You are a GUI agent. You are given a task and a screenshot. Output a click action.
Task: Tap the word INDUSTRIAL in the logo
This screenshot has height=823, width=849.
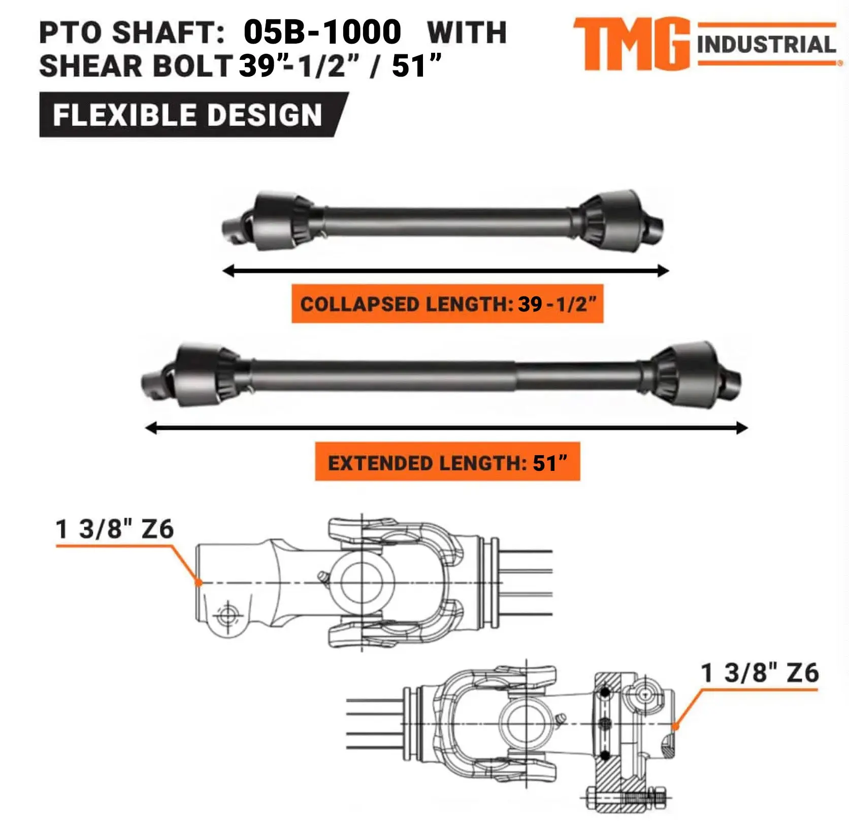(x=766, y=45)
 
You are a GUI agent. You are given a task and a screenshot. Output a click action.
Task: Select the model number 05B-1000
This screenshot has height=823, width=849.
(x=322, y=32)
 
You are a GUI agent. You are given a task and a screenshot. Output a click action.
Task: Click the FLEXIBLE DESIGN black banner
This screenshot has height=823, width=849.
(x=188, y=115)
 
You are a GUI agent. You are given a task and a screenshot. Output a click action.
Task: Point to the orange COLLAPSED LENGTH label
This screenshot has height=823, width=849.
(x=447, y=304)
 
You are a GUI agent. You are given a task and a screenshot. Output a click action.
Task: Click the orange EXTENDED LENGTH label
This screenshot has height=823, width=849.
(x=447, y=462)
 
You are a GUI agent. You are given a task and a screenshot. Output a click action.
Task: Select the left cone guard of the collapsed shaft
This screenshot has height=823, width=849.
(x=277, y=221)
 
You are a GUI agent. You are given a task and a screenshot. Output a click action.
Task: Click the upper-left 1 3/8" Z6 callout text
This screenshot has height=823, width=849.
(x=115, y=529)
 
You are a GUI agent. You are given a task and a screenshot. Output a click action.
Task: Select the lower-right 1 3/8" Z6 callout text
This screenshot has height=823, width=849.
(x=760, y=673)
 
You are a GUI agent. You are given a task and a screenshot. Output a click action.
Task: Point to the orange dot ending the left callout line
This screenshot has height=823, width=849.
(x=200, y=582)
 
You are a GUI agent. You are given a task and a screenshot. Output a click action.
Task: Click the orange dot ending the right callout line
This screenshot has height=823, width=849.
(x=675, y=726)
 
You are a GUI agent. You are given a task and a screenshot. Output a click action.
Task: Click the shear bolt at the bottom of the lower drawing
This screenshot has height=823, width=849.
(x=627, y=798)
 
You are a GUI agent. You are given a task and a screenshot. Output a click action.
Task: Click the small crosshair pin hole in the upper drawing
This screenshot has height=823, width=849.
(x=227, y=616)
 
